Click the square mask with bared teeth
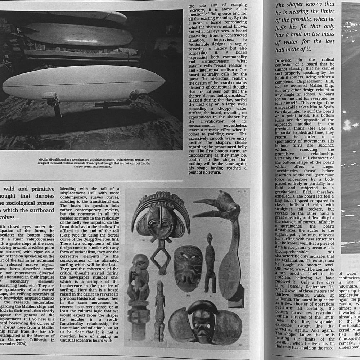click(x=188, y=266)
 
